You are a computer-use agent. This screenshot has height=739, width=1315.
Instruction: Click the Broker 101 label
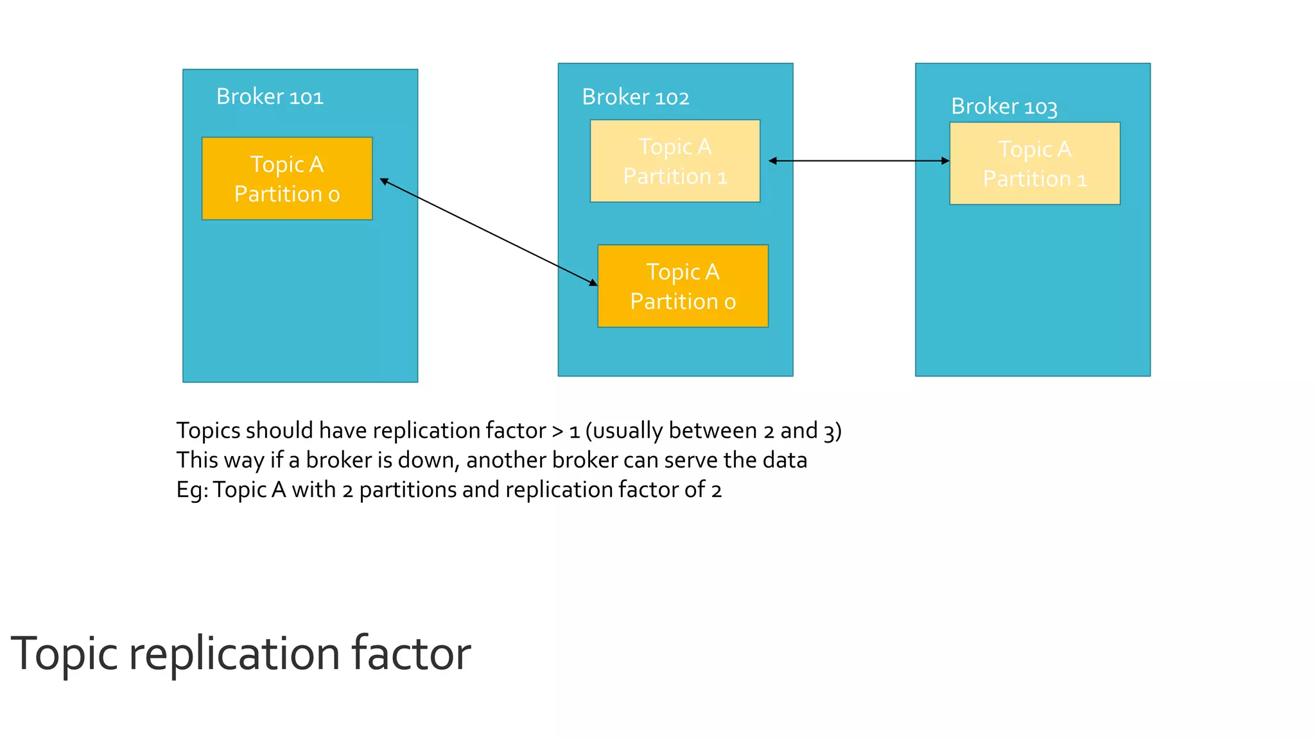[x=270, y=96]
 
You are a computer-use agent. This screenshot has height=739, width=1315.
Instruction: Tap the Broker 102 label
[x=635, y=97]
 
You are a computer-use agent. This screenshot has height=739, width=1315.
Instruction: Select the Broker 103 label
[x=1004, y=106]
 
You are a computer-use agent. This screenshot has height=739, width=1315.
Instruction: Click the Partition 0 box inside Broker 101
[x=286, y=179]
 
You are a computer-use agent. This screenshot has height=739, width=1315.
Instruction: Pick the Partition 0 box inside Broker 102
[x=683, y=286]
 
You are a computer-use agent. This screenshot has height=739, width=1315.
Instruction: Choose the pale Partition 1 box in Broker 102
[x=675, y=161]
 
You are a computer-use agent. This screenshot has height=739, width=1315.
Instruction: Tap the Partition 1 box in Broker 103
[x=1034, y=164]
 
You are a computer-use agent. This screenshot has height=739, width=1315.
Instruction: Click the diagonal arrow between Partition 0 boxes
[x=488, y=232]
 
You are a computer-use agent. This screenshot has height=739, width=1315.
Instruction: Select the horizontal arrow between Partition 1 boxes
[x=858, y=161]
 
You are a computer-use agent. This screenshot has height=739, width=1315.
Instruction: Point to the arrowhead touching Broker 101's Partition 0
[x=385, y=182]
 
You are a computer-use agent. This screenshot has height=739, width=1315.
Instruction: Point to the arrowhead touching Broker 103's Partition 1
[x=945, y=161]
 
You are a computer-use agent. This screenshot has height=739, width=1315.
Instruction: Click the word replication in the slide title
[x=234, y=654]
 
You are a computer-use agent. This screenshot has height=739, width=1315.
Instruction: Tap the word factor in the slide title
[x=411, y=654]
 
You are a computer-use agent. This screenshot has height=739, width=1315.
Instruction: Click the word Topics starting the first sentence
[x=208, y=430]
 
